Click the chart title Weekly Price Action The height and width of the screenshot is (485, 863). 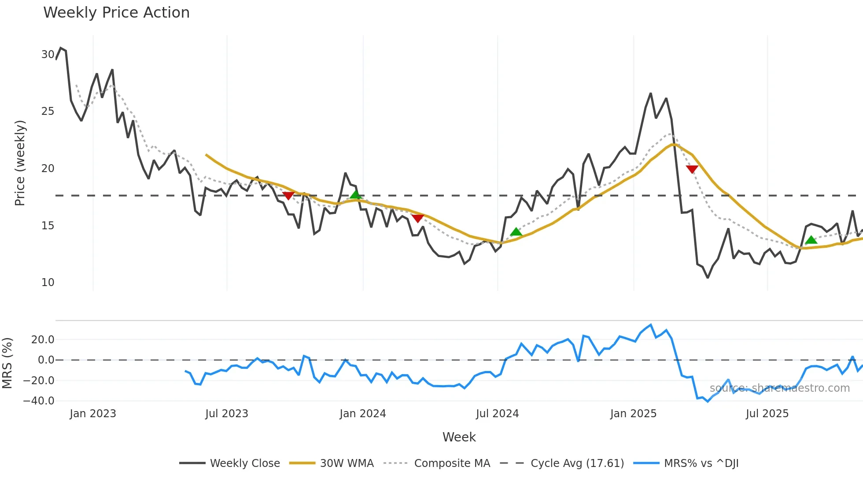[x=116, y=13]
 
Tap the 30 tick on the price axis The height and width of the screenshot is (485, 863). [x=48, y=55]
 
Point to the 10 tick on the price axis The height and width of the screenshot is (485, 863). [x=48, y=283]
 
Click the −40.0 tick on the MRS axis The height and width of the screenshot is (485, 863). [x=39, y=401]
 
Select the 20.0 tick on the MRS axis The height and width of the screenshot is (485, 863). [x=43, y=340]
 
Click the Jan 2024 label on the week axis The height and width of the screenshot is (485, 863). [x=362, y=414]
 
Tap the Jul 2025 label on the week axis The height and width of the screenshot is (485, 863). [x=767, y=414]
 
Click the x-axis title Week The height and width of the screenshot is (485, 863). [x=459, y=437]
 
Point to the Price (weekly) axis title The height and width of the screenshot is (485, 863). [x=20, y=163]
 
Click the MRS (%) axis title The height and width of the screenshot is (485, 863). [x=7, y=363]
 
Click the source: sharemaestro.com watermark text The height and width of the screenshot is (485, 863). [x=779, y=388]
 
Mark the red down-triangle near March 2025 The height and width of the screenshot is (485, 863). [x=692, y=169]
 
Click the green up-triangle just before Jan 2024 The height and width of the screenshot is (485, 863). [x=356, y=195]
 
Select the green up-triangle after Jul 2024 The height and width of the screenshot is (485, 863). [x=516, y=232]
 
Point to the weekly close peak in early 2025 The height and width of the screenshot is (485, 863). [x=650, y=94]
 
